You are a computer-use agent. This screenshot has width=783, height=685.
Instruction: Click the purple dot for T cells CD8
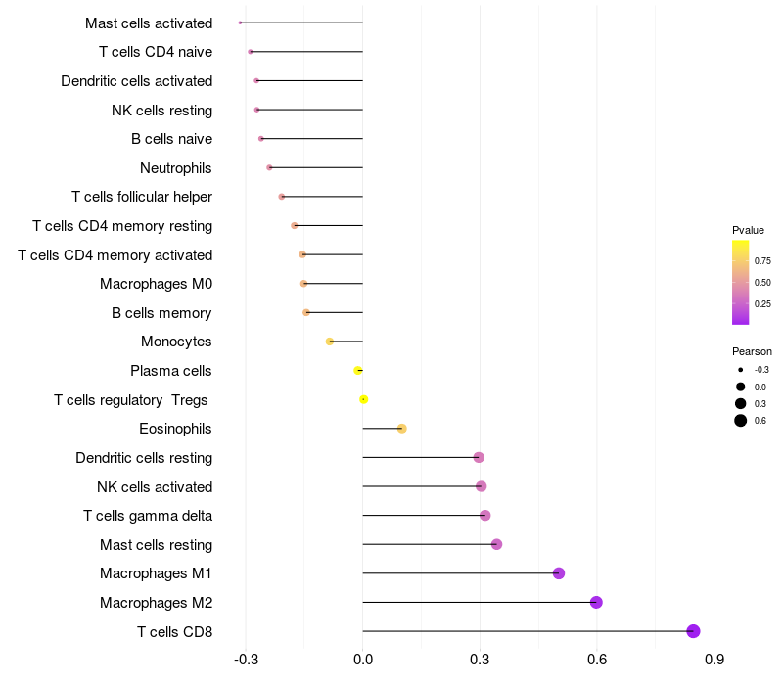693,631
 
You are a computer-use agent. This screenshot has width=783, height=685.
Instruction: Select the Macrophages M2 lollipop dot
596,602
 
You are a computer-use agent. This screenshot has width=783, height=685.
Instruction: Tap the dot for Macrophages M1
559,573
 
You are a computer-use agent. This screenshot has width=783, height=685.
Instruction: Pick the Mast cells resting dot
496,544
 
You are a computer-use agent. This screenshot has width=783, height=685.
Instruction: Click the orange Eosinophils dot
401,429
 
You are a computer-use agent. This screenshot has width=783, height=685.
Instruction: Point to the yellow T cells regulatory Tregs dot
363,399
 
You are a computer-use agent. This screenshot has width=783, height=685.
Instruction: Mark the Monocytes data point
330,342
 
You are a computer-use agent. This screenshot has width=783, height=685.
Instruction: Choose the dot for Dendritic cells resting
479,457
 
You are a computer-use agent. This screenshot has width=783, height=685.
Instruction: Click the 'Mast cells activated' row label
149,23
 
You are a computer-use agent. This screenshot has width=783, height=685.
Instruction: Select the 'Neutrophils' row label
176,168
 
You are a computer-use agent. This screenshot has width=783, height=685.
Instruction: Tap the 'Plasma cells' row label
171,371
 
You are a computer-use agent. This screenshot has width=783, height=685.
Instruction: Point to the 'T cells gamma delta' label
148,516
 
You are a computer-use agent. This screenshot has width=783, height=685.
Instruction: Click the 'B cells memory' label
161,313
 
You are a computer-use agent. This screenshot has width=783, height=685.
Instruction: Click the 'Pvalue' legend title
748,230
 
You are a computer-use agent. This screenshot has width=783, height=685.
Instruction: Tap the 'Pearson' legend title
752,351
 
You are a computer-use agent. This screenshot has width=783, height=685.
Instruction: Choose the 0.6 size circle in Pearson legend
741,421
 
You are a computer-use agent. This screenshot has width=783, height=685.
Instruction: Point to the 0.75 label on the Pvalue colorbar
762,261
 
